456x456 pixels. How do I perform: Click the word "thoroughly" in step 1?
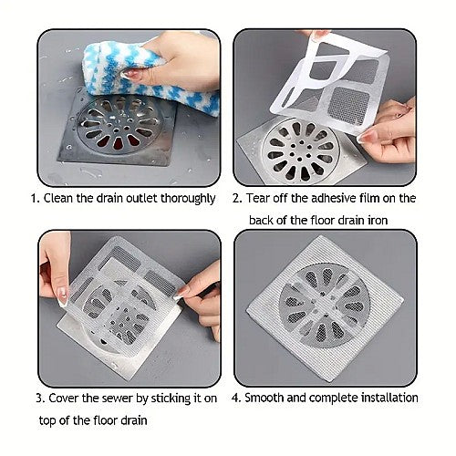pos(188,199)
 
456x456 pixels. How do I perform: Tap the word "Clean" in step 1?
pos(58,198)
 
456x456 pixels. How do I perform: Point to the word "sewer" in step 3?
pos(118,399)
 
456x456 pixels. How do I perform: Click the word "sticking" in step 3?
pos(170,399)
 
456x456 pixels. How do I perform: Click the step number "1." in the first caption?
pos(36,199)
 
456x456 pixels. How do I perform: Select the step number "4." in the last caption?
pos(236,398)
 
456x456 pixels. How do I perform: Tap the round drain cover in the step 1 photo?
pos(119,126)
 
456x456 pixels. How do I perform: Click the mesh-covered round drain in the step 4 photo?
pos(325,305)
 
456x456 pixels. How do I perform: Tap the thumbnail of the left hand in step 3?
pos(62,296)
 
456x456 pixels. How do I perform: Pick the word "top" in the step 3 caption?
pos(47,421)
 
